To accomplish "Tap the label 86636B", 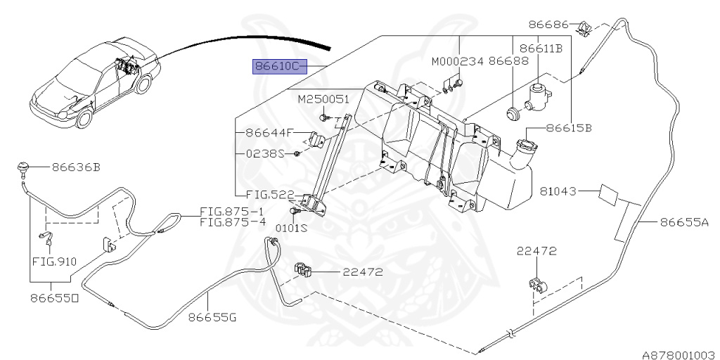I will point(75,167).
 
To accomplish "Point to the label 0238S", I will point(264,153).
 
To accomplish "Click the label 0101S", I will point(291,228).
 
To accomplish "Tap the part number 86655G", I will point(212,317).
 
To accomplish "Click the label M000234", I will point(457,62).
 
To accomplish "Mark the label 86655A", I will point(684,223).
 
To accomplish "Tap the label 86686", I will point(547,24).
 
